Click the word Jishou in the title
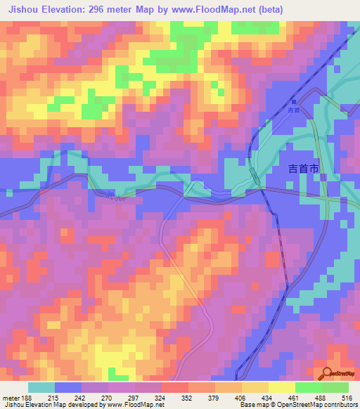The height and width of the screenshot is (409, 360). pos(25,8)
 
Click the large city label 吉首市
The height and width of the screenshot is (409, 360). pos(304,169)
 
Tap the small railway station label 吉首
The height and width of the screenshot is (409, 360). pos(294,110)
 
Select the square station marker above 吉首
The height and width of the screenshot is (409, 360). pos(293,102)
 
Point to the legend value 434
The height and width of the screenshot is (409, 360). pos(265,397)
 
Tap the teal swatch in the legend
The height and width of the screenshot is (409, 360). pos(41,387)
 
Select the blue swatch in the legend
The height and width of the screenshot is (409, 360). pos(68,387)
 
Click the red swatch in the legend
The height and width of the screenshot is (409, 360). pos(175,387)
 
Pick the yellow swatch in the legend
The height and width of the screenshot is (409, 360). pos(282,387)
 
